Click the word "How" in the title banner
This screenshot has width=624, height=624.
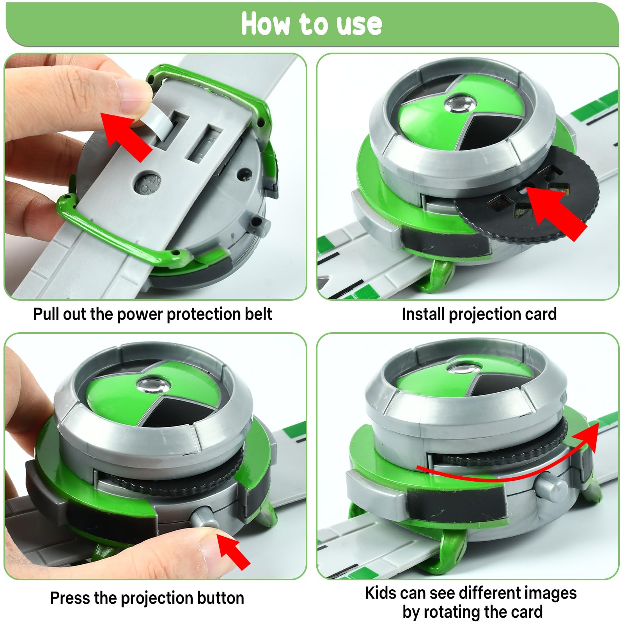(x=265, y=24)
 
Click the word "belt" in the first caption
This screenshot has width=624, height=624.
(x=258, y=314)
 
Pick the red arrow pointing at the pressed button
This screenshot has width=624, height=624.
(x=233, y=551)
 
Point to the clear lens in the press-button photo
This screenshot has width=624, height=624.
(x=153, y=386)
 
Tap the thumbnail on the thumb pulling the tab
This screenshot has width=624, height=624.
(x=133, y=94)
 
